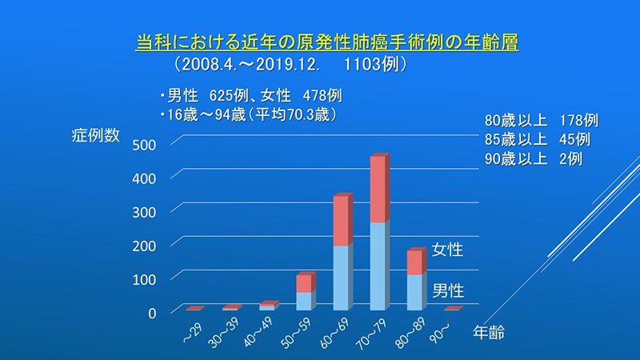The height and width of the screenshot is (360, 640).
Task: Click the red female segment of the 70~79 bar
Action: (x=378, y=190)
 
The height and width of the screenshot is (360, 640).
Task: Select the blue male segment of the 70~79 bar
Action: (x=378, y=266)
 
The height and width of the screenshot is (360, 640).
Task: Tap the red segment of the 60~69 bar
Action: (x=341, y=221)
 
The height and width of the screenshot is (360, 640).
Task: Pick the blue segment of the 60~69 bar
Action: (x=341, y=278)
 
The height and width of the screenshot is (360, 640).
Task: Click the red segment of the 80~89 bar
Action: (x=414, y=263)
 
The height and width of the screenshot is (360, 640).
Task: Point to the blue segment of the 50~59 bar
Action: (x=304, y=302)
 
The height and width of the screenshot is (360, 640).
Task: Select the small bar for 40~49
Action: (x=267, y=307)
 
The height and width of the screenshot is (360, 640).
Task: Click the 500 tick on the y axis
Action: (x=144, y=145)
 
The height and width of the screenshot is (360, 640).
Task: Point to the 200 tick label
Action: (x=144, y=246)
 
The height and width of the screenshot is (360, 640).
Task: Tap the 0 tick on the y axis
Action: (x=152, y=313)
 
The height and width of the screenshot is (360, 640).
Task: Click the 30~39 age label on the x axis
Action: (x=224, y=333)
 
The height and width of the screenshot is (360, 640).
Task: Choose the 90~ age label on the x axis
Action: (x=439, y=331)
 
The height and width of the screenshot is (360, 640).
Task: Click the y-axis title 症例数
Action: (x=95, y=135)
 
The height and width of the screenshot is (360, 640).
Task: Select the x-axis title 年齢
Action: (x=489, y=333)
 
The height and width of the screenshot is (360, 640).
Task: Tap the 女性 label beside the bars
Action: (x=447, y=250)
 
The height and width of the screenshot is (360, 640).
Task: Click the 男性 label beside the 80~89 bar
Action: (x=448, y=291)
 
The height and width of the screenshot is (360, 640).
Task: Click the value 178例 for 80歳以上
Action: (x=578, y=121)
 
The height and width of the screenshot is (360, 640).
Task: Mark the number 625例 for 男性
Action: (x=229, y=95)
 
